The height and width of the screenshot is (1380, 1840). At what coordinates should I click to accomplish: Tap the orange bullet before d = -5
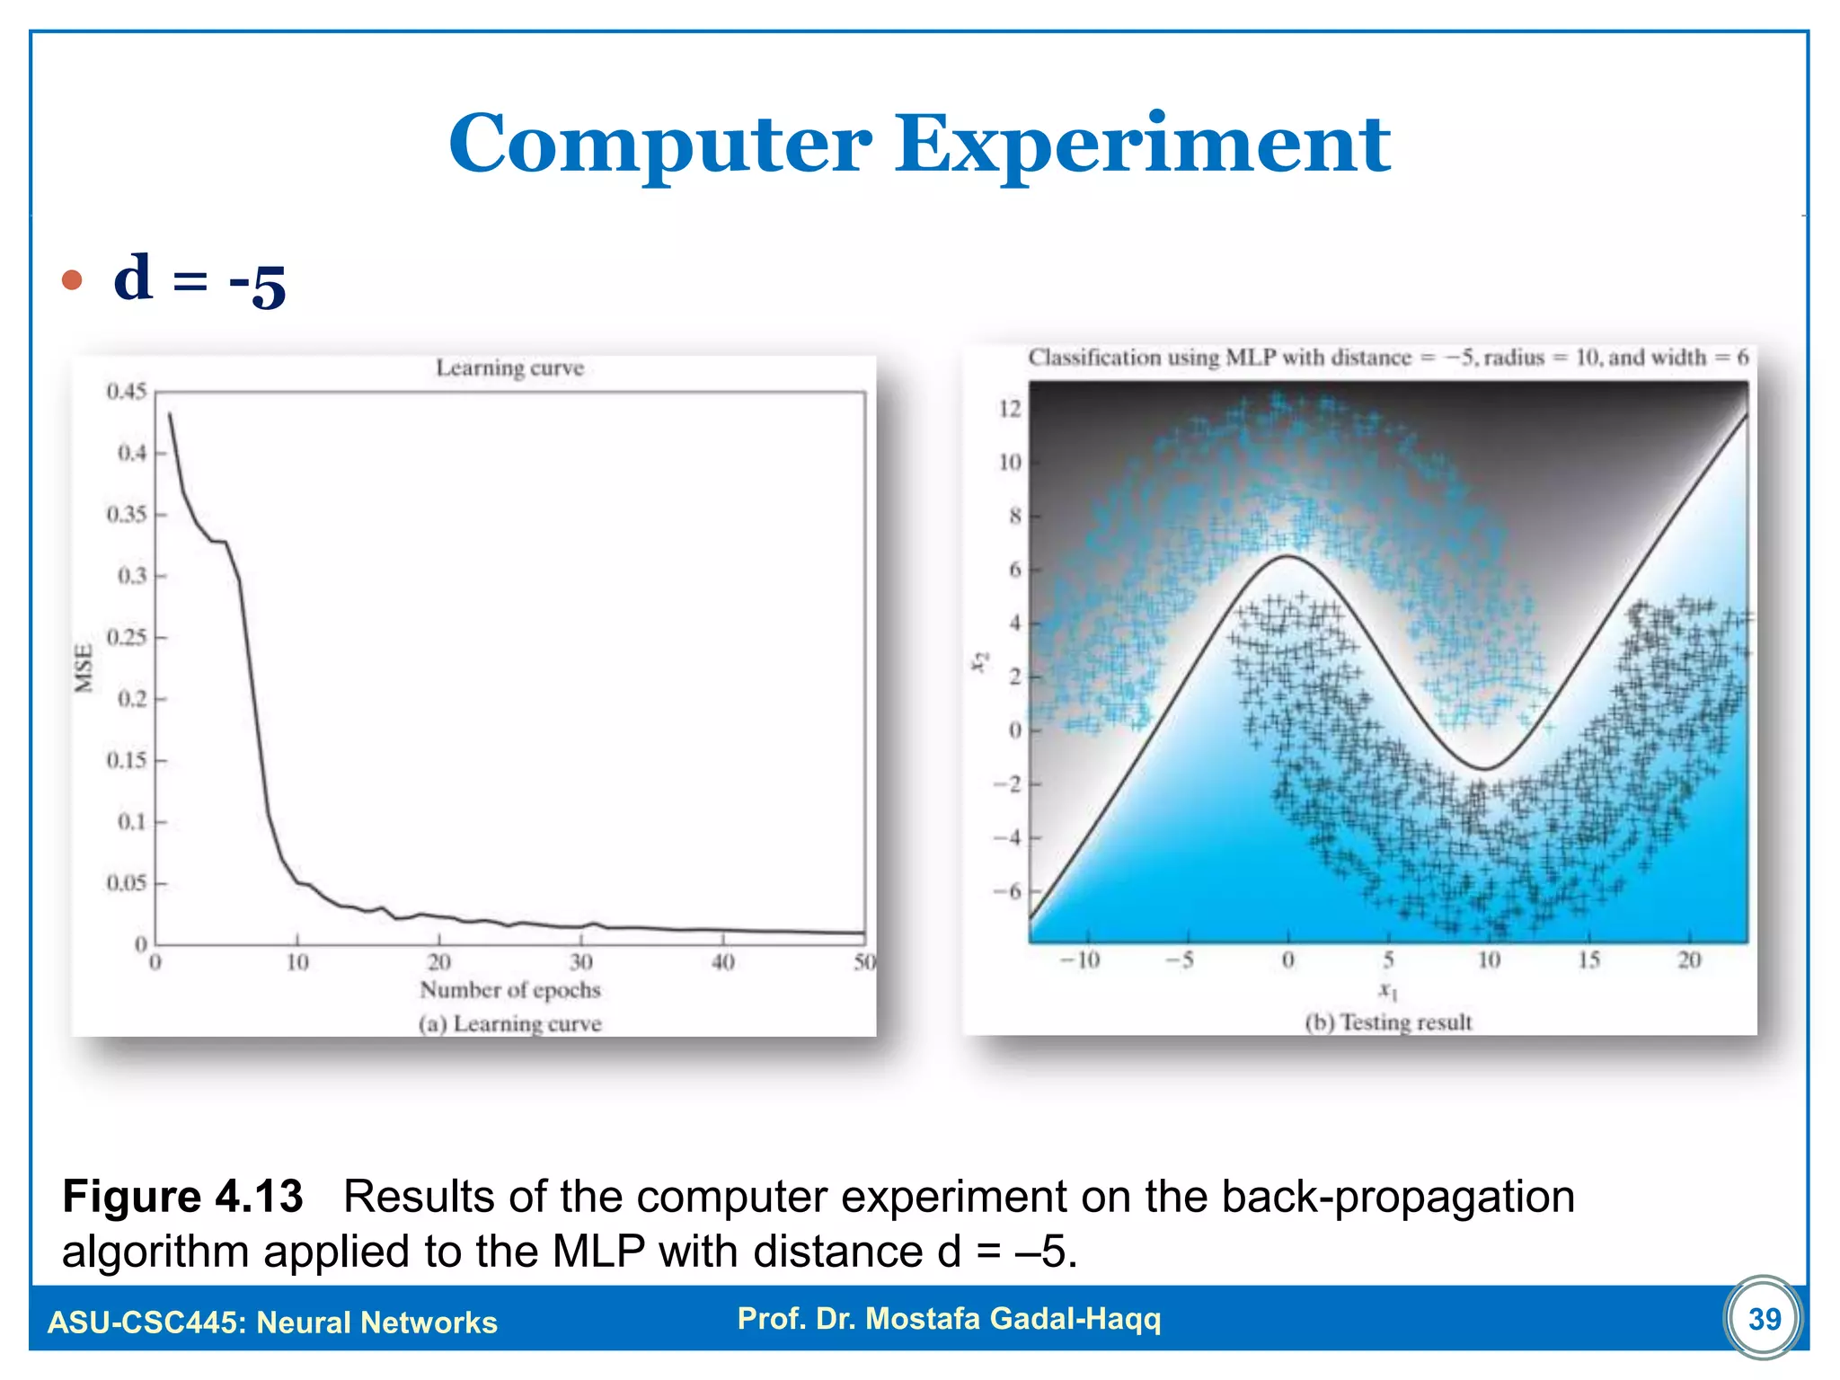tap(72, 280)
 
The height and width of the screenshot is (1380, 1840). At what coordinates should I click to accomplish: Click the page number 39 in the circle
tap(1764, 1318)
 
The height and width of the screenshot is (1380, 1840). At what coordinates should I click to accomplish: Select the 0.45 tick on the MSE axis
tap(126, 392)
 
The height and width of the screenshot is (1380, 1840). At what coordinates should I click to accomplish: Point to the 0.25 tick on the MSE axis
tap(126, 638)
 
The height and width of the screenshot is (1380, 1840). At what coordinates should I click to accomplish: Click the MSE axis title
tap(84, 668)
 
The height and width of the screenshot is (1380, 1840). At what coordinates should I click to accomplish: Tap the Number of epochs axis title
tap(509, 990)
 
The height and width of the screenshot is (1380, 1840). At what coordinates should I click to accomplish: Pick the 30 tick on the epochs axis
tap(580, 962)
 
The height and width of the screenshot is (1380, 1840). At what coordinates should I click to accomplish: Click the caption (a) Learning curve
tap(509, 1024)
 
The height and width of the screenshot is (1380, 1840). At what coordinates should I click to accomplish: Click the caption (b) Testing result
tap(1388, 1022)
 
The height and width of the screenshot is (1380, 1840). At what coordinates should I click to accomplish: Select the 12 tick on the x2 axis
tap(1010, 409)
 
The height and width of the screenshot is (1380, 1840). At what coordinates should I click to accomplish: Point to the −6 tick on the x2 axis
tap(1008, 891)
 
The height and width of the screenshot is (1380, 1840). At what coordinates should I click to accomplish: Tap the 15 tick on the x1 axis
tap(1588, 960)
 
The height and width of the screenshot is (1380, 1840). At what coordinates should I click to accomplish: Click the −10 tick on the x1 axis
tap(1080, 960)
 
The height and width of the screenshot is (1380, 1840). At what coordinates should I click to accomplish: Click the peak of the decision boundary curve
tap(1288, 557)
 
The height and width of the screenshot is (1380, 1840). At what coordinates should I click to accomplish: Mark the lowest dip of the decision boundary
tap(1484, 768)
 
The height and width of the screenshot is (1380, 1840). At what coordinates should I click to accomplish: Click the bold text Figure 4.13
tap(182, 1197)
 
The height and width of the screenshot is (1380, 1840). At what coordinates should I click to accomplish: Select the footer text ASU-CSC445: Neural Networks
tap(272, 1322)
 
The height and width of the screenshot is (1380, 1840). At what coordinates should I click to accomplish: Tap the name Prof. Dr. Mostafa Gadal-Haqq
tap(949, 1318)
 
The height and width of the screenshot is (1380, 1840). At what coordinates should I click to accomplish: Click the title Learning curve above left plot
tap(509, 367)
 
